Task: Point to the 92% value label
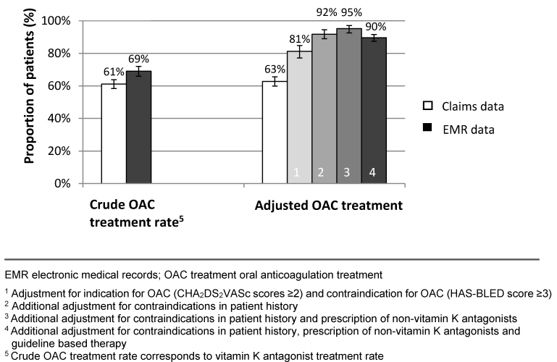[x=325, y=12]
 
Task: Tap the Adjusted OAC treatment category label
[x=328, y=206]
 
